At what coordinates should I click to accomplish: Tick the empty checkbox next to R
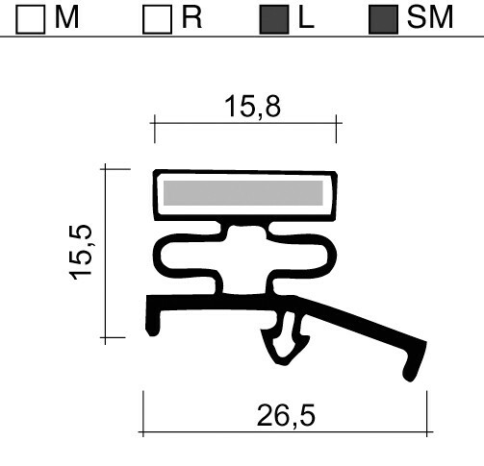[x=156, y=20]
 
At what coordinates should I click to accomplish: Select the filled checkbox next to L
[x=274, y=20]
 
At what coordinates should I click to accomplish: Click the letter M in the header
[x=66, y=18]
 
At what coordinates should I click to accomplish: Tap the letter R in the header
[x=191, y=18]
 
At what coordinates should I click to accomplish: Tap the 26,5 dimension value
[x=286, y=416]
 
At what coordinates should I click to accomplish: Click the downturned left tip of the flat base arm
[x=151, y=323]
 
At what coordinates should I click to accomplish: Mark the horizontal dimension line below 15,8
[x=245, y=123]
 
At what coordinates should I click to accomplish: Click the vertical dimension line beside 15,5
[x=103, y=252]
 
